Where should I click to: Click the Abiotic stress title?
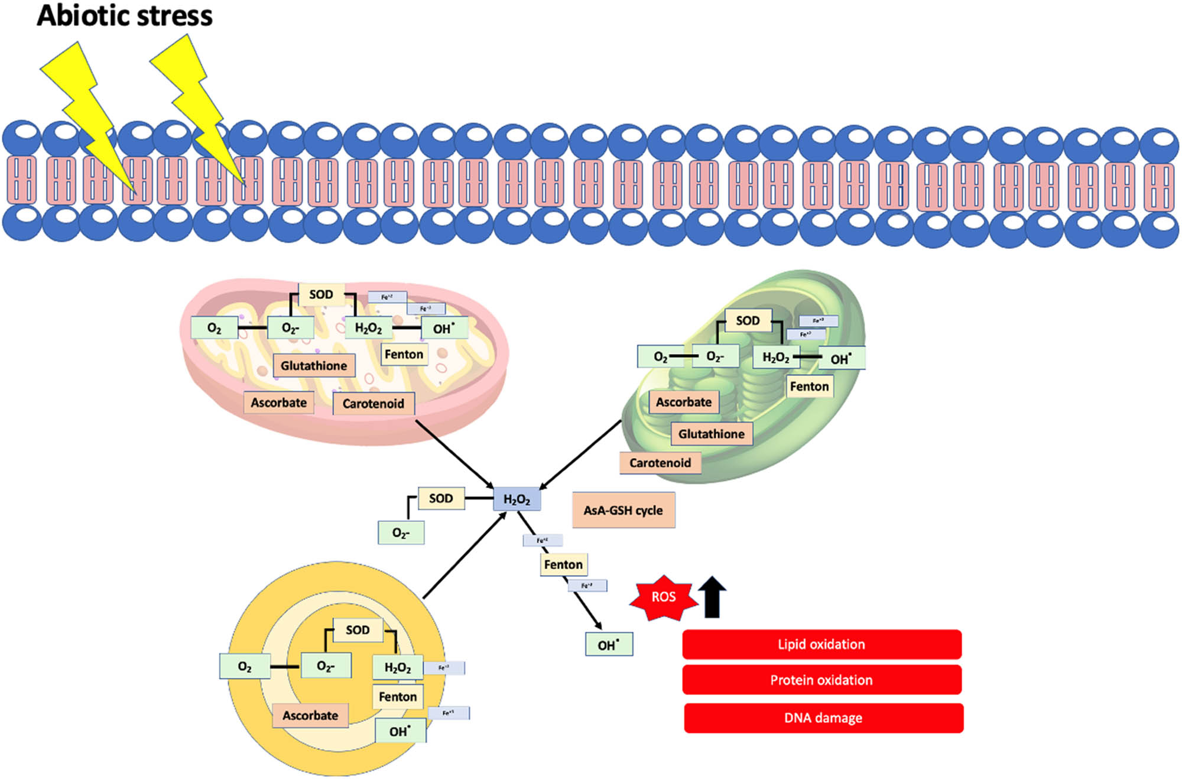pyautogui.click(x=124, y=16)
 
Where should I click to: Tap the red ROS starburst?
pyautogui.click(x=663, y=598)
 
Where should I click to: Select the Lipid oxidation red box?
pyautogui.click(x=821, y=644)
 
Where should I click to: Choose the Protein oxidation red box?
pyautogui.click(x=821, y=680)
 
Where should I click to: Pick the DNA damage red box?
pyautogui.click(x=823, y=718)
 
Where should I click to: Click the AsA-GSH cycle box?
pyautogui.click(x=624, y=510)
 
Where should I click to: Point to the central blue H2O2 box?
pyautogui.click(x=517, y=499)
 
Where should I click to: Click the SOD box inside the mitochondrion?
pyautogui.click(x=321, y=294)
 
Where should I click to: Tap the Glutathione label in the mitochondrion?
pyautogui.click(x=314, y=366)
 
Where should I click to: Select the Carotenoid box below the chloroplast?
pyautogui.click(x=660, y=463)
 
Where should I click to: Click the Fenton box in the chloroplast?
pyautogui.click(x=809, y=387)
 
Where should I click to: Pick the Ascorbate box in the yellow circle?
pyautogui.click(x=310, y=715)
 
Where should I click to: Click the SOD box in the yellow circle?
pyautogui.click(x=358, y=630)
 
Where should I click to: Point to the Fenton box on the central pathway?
pyautogui.click(x=563, y=564)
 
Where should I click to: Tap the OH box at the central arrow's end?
pyautogui.click(x=609, y=644)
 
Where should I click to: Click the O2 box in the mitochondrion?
pyautogui.click(x=214, y=328)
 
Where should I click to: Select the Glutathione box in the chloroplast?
pyautogui.click(x=712, y=434)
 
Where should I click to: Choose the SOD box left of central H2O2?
pyautogui.click(x=441, y=498)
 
